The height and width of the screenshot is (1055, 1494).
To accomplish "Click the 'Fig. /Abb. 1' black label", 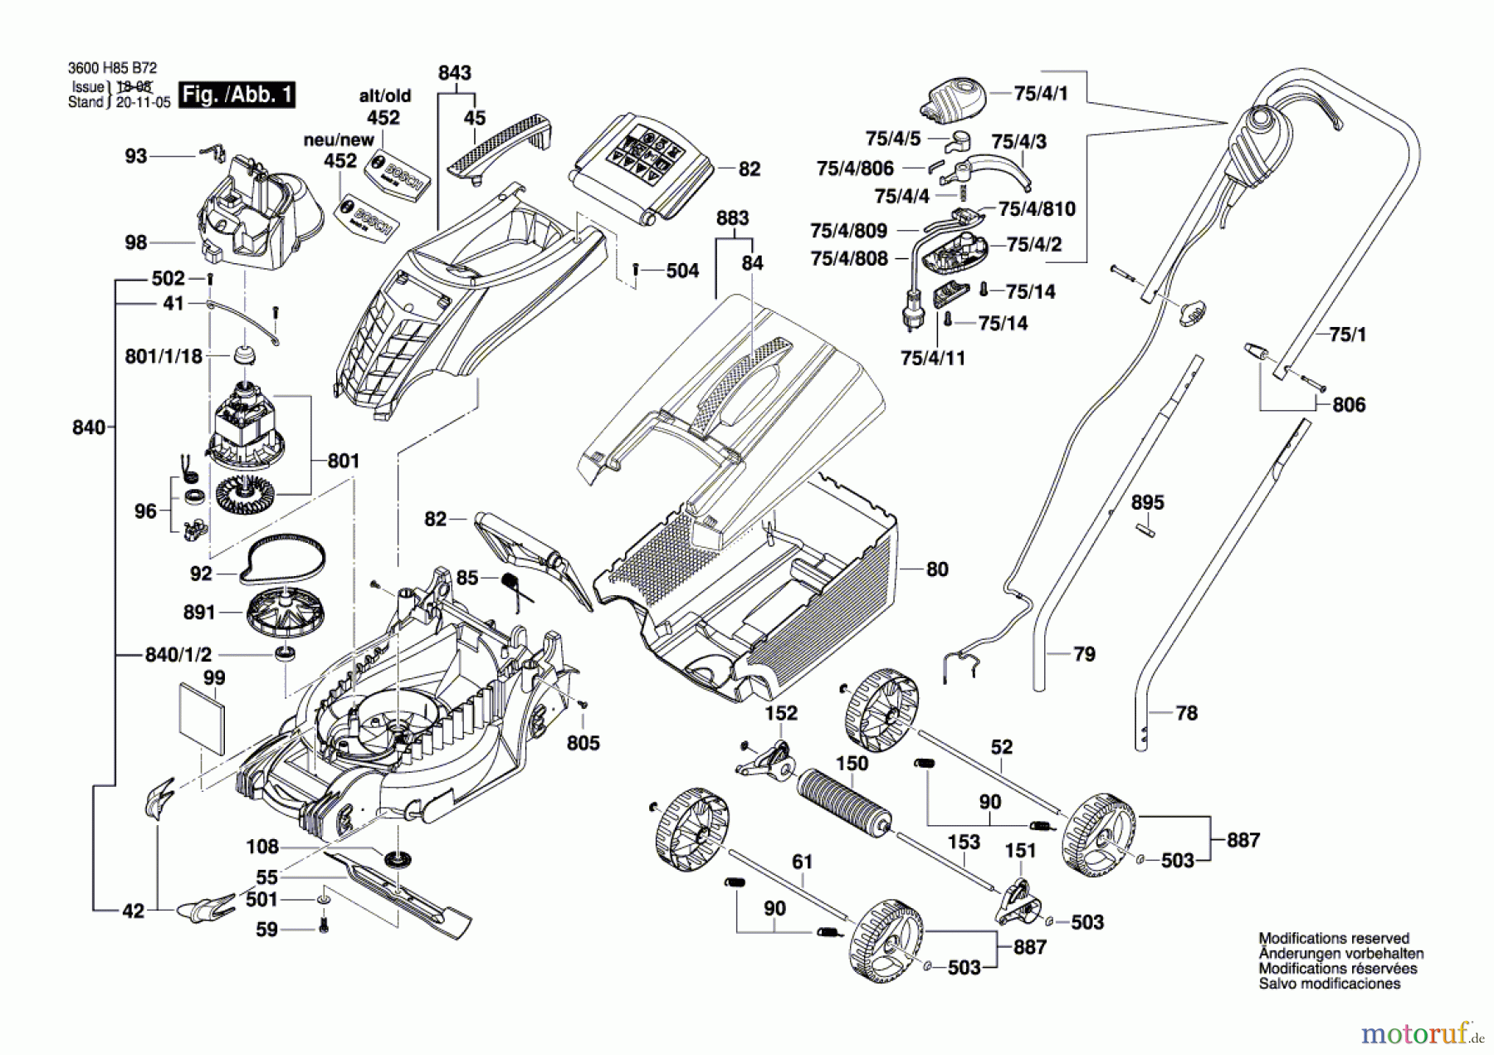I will coord(237,95).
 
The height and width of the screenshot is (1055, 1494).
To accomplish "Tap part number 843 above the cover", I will coord(455,73).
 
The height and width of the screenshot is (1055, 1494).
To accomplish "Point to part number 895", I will coord(1147,503).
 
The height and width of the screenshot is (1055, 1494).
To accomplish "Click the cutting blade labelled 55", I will coord(398,892).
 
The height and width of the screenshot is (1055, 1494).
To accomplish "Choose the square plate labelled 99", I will coord(202,720).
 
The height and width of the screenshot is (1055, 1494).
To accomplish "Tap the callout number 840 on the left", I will coord(89,427).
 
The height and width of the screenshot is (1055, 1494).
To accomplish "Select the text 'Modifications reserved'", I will coord(1334,939).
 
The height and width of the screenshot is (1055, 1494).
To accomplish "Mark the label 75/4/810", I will coord(1037,209).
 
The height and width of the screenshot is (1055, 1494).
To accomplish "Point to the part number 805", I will coord(583,743).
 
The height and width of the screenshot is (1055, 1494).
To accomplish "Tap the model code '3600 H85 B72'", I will coord(112,68).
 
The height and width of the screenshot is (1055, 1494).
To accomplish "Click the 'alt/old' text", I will coord(384,96).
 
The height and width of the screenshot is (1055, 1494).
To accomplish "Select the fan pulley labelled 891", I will coord(285,612).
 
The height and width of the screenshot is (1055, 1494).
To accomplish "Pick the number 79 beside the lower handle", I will coord(1084,654).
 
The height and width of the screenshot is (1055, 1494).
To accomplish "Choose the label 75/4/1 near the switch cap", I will coord(1041,94).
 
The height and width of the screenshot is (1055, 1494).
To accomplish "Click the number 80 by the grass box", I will coord(937,569).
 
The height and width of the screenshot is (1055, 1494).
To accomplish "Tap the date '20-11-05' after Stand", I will coord(143,103).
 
